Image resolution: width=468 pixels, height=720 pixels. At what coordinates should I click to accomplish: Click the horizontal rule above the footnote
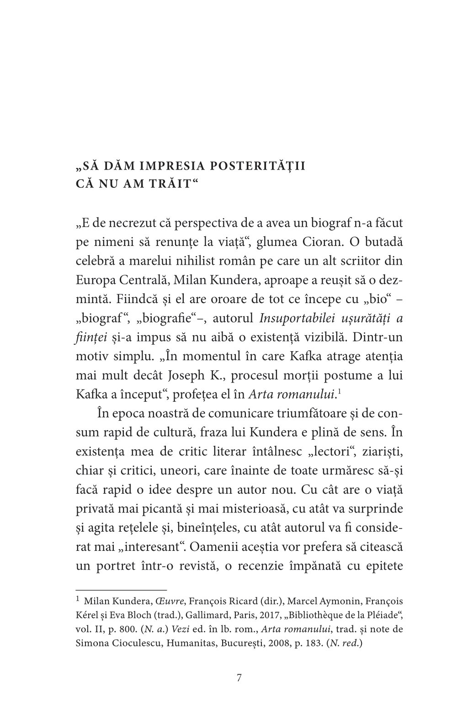click(x=121, y=590)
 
